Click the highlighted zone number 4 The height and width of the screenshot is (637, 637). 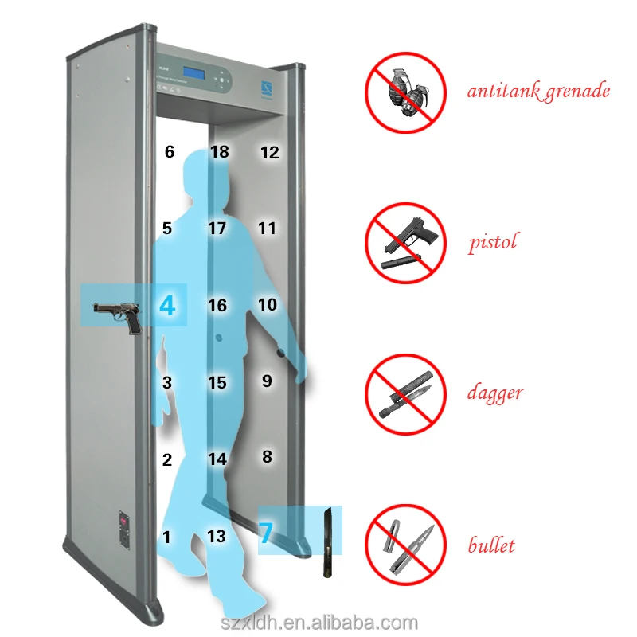[x=166, y=306]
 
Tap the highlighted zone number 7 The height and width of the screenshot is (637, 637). [x=266, y=533]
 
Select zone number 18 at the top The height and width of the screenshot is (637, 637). [x=219, y=152]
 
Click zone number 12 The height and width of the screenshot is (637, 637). [x=270, y=152]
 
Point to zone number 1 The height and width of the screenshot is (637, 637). [x=166, y=537]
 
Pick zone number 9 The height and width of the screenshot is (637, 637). [x=267, y=381]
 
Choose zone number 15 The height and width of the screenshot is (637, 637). [x=217, y=383]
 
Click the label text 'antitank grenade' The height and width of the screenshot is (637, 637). [x=538, y=91]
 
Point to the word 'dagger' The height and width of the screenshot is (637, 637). [x=494, y=393]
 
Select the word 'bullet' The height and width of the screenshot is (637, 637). [x=491, y=545]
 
